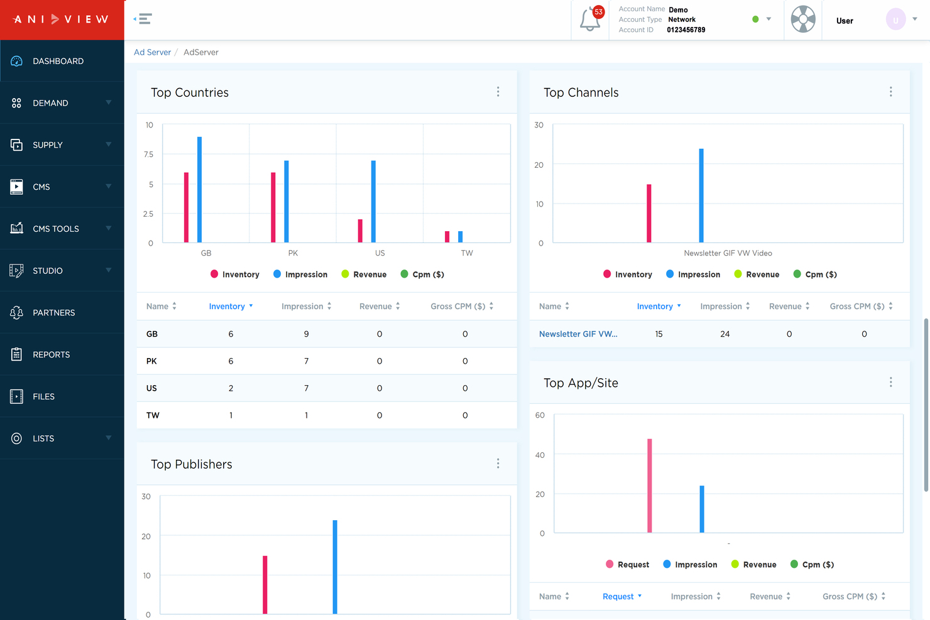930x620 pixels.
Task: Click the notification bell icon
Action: [x=589, y=19]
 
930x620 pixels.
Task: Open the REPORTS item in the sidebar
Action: [x=51, y=355]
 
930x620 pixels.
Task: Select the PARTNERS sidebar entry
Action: [x=53, y=313]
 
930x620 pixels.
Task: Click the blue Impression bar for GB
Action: [x=200, y=190]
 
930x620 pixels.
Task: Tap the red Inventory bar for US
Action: [x=360, y=231]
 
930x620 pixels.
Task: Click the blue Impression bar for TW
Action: [x=461, y=237]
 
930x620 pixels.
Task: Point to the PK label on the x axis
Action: [x=293, y=253]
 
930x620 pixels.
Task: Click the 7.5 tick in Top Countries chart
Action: [x=148, y=155]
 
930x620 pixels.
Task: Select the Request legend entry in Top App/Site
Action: [x=627, y=565]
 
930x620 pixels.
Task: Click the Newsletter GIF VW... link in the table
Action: [x=578, y=334]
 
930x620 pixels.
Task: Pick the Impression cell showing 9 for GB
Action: [x=306, y=334]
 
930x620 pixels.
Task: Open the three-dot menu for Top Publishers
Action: [x=498, y=464]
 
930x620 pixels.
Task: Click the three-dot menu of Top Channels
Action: [x=890, y=92]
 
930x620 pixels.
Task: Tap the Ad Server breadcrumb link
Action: [x=152, y=52]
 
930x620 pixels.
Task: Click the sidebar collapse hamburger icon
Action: [x=144, y=19]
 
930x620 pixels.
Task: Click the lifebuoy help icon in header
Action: [x=803, y=19]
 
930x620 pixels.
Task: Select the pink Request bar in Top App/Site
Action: [x=650, y=486]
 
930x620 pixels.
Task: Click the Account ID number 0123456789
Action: [x=686, y=30]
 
